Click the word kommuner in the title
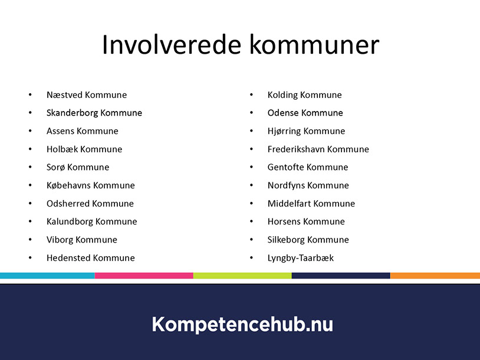314,45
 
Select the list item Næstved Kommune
87,95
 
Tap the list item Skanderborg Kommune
94,113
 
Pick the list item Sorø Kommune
78,167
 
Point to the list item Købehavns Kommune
91,185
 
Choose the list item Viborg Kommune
82,240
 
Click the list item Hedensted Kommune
91,258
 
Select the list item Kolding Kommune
305,95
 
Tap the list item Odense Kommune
305,113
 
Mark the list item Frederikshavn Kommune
318,149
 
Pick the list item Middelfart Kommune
311,204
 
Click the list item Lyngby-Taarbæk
301,258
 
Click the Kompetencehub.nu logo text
242,324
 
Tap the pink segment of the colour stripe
144,276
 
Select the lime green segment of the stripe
242,276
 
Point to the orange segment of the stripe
435,276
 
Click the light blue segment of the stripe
47,276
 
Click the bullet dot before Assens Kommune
30,131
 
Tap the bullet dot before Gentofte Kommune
251,167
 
